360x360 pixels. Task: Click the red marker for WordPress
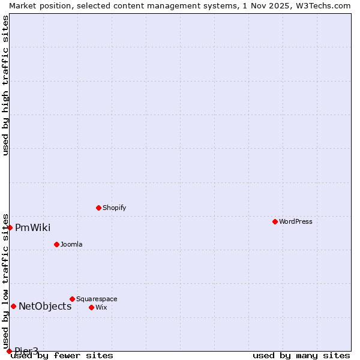275,221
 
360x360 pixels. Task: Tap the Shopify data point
98,208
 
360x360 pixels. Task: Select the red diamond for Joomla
56,244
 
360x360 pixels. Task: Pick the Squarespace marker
72,299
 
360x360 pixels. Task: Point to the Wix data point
91,307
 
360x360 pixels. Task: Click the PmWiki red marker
10,227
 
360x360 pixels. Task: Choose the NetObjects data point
13,306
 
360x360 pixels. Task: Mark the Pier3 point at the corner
9,351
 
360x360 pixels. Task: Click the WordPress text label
296,221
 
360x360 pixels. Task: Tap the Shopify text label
114,208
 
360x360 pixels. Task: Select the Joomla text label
71,244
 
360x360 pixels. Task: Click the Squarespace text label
97,299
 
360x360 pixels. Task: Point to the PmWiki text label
33,227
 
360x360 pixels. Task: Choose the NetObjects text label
45,306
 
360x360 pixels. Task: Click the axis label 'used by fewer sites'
62,356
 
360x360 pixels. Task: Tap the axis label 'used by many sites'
301,356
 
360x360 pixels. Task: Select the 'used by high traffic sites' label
5,85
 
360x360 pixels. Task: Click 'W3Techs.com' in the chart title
323,5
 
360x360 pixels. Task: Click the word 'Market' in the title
23,5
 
